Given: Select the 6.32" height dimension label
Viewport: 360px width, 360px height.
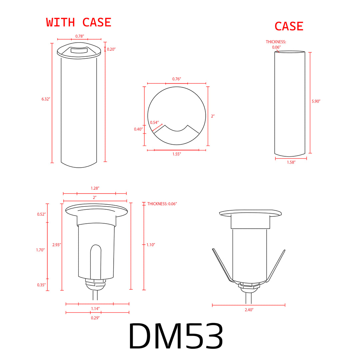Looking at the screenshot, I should (x=46, y=99).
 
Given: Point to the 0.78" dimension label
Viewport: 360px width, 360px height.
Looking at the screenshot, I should (x=79, y=36).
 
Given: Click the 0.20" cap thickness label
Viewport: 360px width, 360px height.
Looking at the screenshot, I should (x=111, y=49).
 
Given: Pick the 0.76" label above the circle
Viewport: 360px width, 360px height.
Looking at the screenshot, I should (x=177, y=79).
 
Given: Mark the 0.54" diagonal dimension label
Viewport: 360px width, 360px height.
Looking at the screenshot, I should (x=154, y=123).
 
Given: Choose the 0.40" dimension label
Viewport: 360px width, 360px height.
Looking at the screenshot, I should (x=138, y=129).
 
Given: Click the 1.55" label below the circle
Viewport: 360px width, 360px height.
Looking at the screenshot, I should (x=177, y=154).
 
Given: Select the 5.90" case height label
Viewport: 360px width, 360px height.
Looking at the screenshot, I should (x=316, y=101).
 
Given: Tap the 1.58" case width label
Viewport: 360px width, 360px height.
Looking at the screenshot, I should (x=291, y=162).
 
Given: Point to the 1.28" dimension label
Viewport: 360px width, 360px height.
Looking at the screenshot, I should (x=95, y=188).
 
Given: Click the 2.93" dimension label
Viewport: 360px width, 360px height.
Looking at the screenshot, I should (x=57, y=245).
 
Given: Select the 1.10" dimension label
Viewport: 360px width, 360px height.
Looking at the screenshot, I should (x=151, y=245).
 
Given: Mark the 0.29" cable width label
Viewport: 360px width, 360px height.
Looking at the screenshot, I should (x=95, y=318).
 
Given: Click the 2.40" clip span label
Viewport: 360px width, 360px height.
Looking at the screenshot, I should (x=249, y=310).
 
